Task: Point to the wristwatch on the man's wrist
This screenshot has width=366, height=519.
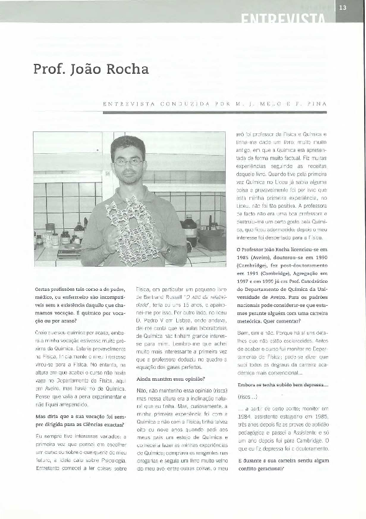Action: (x=166, y=251)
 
